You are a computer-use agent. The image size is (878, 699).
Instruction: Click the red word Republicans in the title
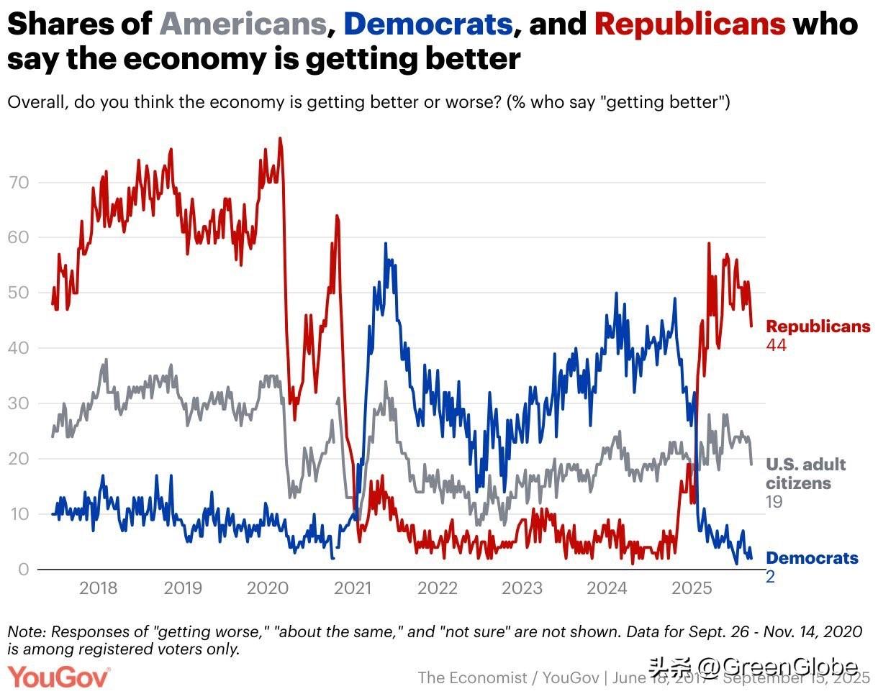coord(689,25)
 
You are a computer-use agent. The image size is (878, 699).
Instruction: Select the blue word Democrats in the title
coord(427,25)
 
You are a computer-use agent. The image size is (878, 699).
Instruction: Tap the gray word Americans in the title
coord(243,25)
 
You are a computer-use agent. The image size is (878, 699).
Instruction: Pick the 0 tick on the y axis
coord(23,570)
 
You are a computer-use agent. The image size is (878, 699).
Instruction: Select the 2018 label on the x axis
coord(99,589)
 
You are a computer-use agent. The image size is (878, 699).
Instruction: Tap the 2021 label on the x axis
coord(353,589)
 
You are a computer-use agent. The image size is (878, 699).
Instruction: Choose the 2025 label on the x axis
coord(691,589)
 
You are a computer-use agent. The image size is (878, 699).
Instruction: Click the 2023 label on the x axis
coord(522,589)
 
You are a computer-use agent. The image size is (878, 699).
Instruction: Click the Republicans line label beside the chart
coord(818,326)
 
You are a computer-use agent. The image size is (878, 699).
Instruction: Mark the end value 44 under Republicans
coord(776,345)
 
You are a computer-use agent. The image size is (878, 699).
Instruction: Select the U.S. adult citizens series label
coord(805,473)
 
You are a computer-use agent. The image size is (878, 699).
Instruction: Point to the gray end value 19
coord(774,502)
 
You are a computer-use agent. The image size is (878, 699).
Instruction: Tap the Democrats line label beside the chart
coord(812,558)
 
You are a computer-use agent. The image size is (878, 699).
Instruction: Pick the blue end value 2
coord(770,576)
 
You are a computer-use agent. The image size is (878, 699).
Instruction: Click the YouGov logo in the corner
coord(59,677)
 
